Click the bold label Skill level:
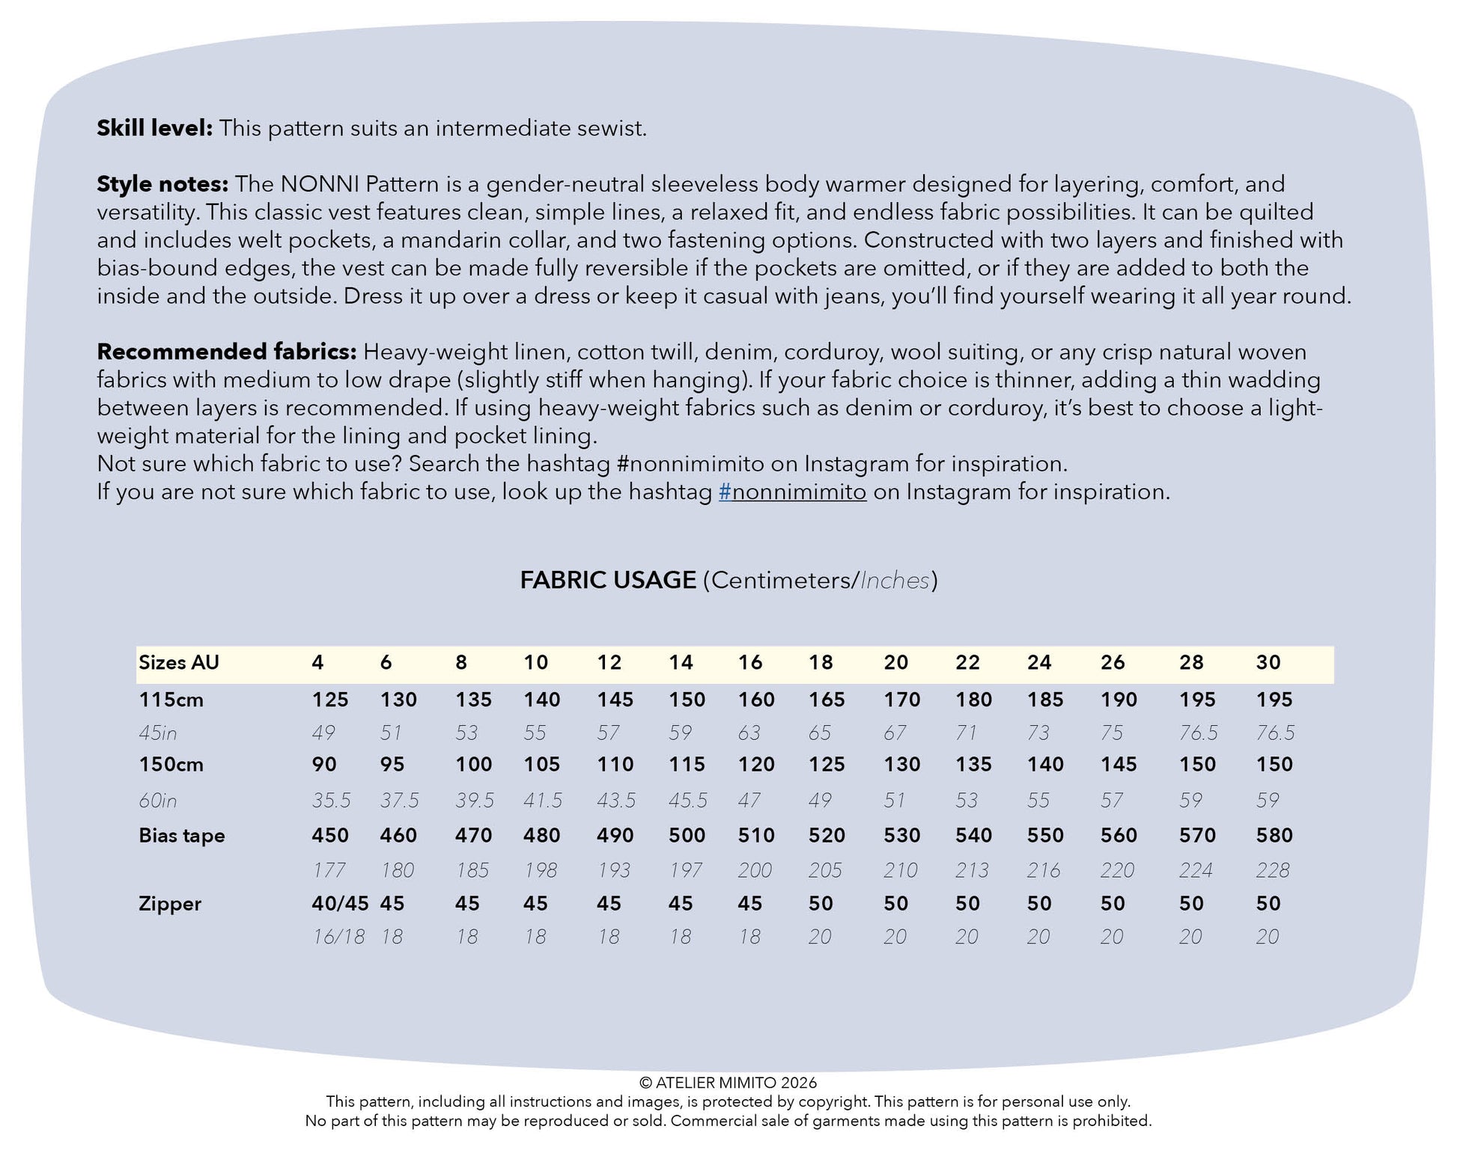point(154,129)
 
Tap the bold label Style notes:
point(162,184)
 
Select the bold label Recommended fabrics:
point(226,352)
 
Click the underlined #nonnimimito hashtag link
point(792,492)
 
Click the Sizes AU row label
point(179,662)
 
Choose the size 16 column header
point(749,662)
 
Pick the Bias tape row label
point(182,836)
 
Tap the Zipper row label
point(170,904)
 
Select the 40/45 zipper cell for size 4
point(340,904)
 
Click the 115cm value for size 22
point(973,700)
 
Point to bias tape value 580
point(1274,836)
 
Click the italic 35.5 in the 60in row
point(331,801)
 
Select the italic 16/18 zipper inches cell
point(338,937)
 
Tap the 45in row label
point(158,733)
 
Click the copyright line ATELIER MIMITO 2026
point(728,1083)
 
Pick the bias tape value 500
point(687,836)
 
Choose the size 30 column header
point(1268,662)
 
